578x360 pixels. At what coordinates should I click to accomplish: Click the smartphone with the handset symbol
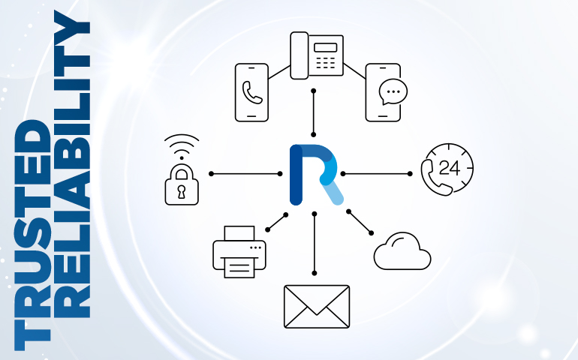pos(251,92)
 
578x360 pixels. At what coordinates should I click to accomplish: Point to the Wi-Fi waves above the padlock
pos(181,144)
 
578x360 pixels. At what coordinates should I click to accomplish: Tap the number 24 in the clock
pos(450,167)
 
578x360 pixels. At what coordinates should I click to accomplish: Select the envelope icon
pos(316,306)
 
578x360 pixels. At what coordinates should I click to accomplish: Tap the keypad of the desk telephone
pos(325,63)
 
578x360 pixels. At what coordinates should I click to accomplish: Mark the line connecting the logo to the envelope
pos(315,244)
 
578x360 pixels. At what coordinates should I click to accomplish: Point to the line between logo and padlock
pos(248,173)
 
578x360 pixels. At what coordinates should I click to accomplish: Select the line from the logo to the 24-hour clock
pos(375,173)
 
